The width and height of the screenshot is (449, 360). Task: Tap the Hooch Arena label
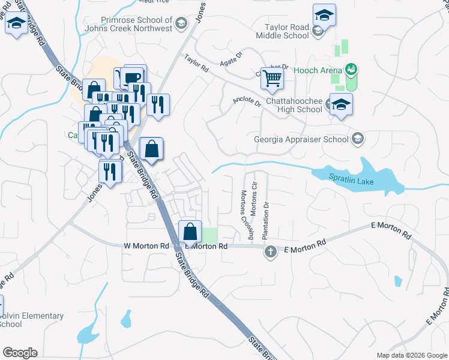pyautogui.click(x=318, y=70)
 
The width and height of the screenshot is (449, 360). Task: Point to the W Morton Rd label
pyautogui.click(x=146, y=246)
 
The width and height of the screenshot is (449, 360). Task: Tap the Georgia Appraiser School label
pyautogui.click(x=301, y=140)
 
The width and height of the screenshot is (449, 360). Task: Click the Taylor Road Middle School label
pyautogui.click(x=288, y=31)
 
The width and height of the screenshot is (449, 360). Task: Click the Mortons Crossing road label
pyautogui.click(x=246, y=213)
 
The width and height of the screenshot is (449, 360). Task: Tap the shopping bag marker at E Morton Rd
pyautogui.click(x=190, y=230)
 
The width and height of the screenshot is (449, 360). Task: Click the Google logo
pyautogui.click(x=20, y=353)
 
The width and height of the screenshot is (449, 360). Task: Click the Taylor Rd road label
pyautogui.click(x=196, y=64)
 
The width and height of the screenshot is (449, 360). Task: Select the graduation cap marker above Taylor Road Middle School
pyautogui.click(x=324, y=16)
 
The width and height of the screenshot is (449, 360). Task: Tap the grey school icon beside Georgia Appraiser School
pyautogui.click(x=358, y=140)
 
